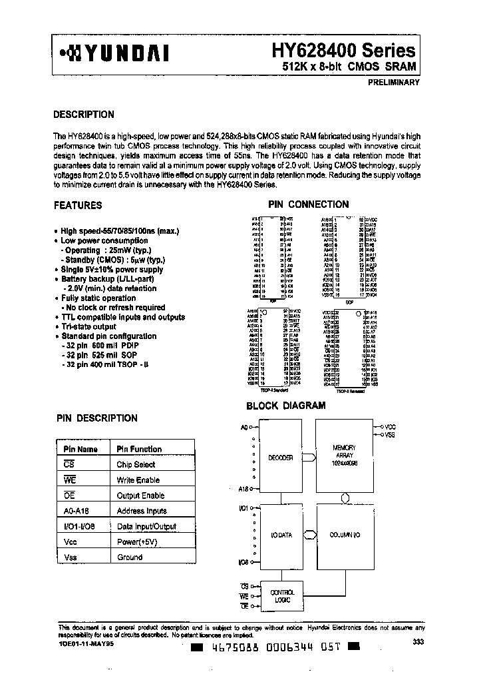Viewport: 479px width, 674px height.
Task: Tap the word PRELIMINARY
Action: [393, 83]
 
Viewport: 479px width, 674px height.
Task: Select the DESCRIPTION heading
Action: [83, 114]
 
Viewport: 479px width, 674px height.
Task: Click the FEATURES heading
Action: [78, 206]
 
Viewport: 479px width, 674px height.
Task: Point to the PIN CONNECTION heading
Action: [308, 204]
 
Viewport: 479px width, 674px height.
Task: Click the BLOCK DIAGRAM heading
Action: [286, 405]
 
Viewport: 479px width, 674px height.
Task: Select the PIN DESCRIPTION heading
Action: [96, 418]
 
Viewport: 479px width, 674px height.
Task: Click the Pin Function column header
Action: [139, 449]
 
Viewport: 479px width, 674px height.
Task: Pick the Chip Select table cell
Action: [136, 464]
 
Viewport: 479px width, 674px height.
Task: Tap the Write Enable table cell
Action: [138, 480]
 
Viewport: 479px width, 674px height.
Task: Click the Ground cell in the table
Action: [130, 557]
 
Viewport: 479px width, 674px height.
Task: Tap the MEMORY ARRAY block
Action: [345, 456]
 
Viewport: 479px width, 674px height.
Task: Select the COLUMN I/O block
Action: [345, 535]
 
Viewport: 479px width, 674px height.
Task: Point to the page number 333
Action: [417, 641]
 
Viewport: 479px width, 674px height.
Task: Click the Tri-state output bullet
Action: [88, 327]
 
